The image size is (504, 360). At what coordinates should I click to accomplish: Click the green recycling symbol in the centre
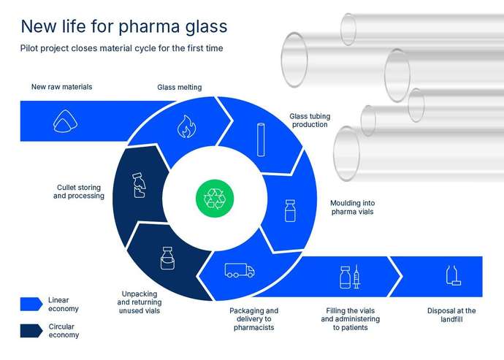[215, 197]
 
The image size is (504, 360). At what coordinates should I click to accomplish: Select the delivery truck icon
[240, 270]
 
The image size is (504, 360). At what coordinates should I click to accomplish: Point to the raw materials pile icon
[64, 122]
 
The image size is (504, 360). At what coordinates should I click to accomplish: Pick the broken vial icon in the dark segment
[138, 185]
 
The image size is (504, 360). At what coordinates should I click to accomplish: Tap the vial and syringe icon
[351, 277]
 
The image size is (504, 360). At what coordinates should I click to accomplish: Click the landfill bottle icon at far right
[452, 275]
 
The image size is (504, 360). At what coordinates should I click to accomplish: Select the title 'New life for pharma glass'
[124, 26]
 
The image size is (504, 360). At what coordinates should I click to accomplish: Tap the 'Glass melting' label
[180, 88]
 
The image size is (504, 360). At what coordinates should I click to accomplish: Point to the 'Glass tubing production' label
[309, 120]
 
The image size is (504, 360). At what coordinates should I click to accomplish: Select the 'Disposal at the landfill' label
[451, 315]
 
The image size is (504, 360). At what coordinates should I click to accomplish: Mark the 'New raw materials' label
[61, 87]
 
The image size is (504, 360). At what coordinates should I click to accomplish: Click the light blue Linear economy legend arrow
[31, 304]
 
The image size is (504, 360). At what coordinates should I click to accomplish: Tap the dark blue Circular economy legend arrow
[31, 330]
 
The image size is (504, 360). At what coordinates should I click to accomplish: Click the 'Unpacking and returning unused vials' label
[140, 303]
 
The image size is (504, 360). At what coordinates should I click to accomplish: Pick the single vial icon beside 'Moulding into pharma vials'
[289, 210]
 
